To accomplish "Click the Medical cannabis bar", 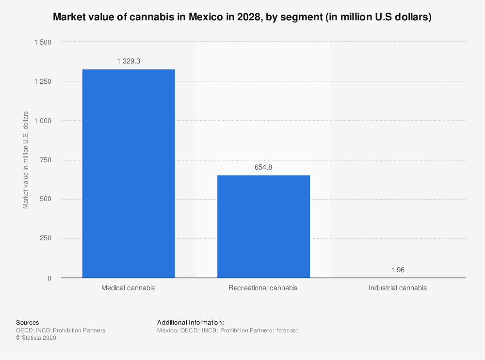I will [x=129, y=173].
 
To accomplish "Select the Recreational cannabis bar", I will [x=263, y=226].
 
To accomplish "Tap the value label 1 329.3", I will [x=129, y=61].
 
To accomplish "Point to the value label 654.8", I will [x=263, y=167].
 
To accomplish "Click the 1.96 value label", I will [x=398, y=270].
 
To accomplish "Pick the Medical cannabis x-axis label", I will [x=128, y=288].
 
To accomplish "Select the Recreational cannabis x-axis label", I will [x=263, y=288].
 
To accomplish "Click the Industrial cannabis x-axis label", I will [x=398, y=288].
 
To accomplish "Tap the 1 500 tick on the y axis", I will [x=42, y=42].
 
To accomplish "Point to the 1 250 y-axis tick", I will [x=42, y=81].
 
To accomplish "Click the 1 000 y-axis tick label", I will [x=42, y=121].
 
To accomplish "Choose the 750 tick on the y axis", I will [x=45, y=160].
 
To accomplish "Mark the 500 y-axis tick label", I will [x=45, y=199].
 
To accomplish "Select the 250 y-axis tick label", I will [x=45, y=238].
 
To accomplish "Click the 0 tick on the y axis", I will [x=49, y=278].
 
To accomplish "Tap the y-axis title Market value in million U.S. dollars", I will [x=26, y=160].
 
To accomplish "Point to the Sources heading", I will [x=28, y=322].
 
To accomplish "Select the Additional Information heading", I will [x=191, y=322].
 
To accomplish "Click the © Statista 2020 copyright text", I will [x=36, y=338].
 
